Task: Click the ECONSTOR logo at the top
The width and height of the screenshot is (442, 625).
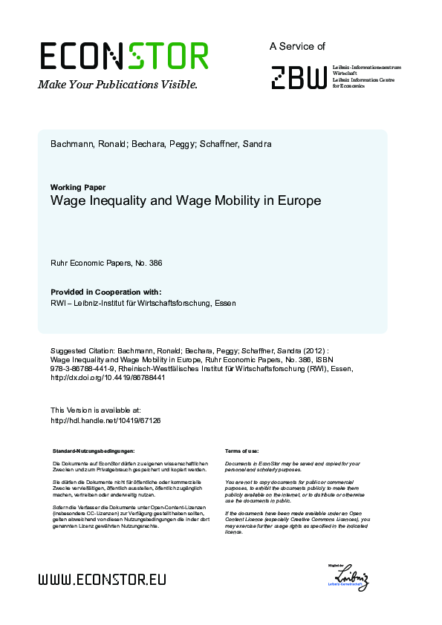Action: click(x=123, y=56)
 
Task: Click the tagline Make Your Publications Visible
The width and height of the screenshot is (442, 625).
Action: click(x=118, y=85)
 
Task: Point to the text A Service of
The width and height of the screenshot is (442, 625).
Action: click(x=297, y=46)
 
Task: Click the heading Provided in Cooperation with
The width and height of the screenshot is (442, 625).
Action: click(x=105, y=292)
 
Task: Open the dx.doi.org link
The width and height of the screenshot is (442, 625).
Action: click(x=107, y=377)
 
